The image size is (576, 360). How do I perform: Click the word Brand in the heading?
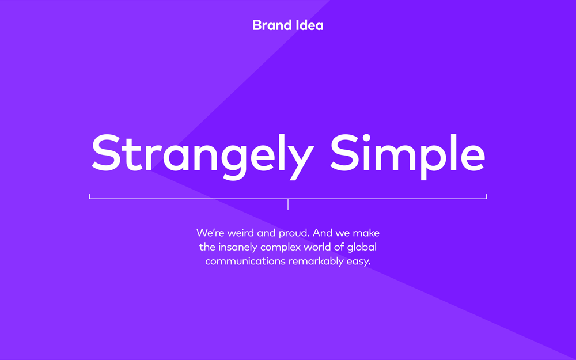point(271,25)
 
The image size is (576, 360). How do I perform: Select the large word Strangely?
point(203,157)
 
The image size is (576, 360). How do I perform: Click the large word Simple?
point(408,157)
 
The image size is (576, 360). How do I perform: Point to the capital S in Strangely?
point(106,153)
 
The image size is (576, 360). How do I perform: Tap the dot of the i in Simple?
point(366,138)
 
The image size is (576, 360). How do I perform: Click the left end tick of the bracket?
point(90,196)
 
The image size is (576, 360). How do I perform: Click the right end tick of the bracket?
point(486,196)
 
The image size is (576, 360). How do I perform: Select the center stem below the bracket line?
point(288,204)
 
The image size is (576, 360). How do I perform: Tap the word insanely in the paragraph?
point(238,248)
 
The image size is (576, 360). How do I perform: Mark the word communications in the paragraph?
point(245,261)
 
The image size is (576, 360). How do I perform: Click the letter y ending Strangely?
point(302,162)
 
